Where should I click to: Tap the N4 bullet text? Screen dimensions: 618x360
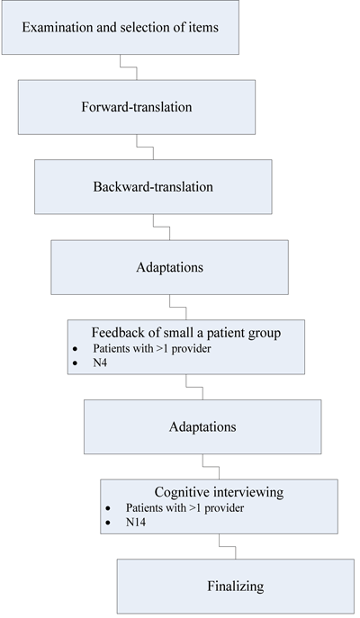click(x=102, y=363)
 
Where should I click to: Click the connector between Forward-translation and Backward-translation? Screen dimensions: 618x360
click(x=138, y=143)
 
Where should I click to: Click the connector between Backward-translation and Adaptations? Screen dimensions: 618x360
click(x=155, y=224)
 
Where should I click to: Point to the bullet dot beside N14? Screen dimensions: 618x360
click(x=107, y=522)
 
